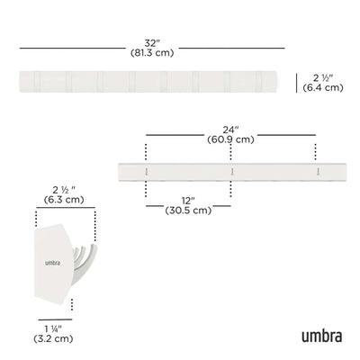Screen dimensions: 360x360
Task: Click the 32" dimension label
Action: tap(148, 41)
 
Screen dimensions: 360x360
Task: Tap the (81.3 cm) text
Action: tap(148, 53)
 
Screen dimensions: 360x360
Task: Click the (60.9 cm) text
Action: tap(230, 139)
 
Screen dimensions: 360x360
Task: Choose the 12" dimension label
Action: tap(188, 199)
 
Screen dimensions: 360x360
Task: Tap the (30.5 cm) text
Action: tap(188, 211)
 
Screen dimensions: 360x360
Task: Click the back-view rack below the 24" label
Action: tap(230, 167)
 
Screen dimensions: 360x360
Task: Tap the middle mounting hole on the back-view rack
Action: tap(231, 166)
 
